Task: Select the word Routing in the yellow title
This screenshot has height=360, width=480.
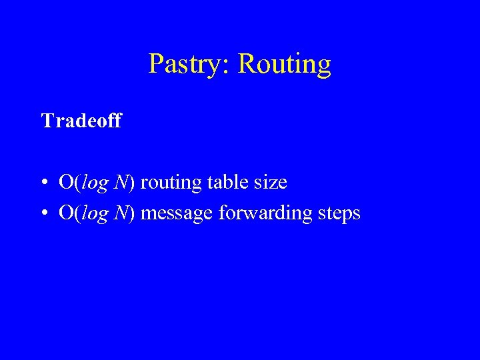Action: pos(284,65)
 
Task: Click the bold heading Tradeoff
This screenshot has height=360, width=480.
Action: pos(81,121)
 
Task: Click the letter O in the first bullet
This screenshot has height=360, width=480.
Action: pos(67,181)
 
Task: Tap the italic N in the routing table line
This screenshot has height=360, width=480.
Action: pos(121,181)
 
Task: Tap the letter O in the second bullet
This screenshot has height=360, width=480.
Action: pos(67,213)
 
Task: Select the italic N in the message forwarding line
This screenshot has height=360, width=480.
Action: pos(121,213)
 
